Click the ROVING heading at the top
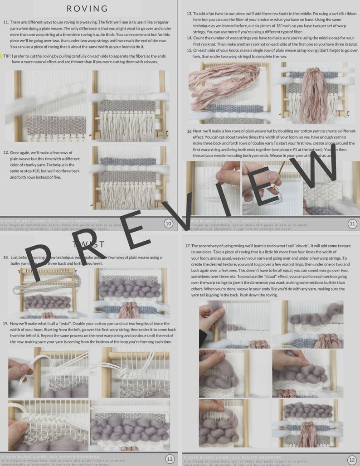coord(87,9)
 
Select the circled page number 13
coord(170,459)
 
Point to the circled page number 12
coord(353,459)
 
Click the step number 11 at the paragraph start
coord(5,22)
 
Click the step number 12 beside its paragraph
coord(5,153)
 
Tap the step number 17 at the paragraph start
coord(187,246)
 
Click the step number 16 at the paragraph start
coord(190,131)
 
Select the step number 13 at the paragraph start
coord(190,13)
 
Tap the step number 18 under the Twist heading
coord(6,257)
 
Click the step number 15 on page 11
coord(190,50)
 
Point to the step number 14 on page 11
coord(190,38)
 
